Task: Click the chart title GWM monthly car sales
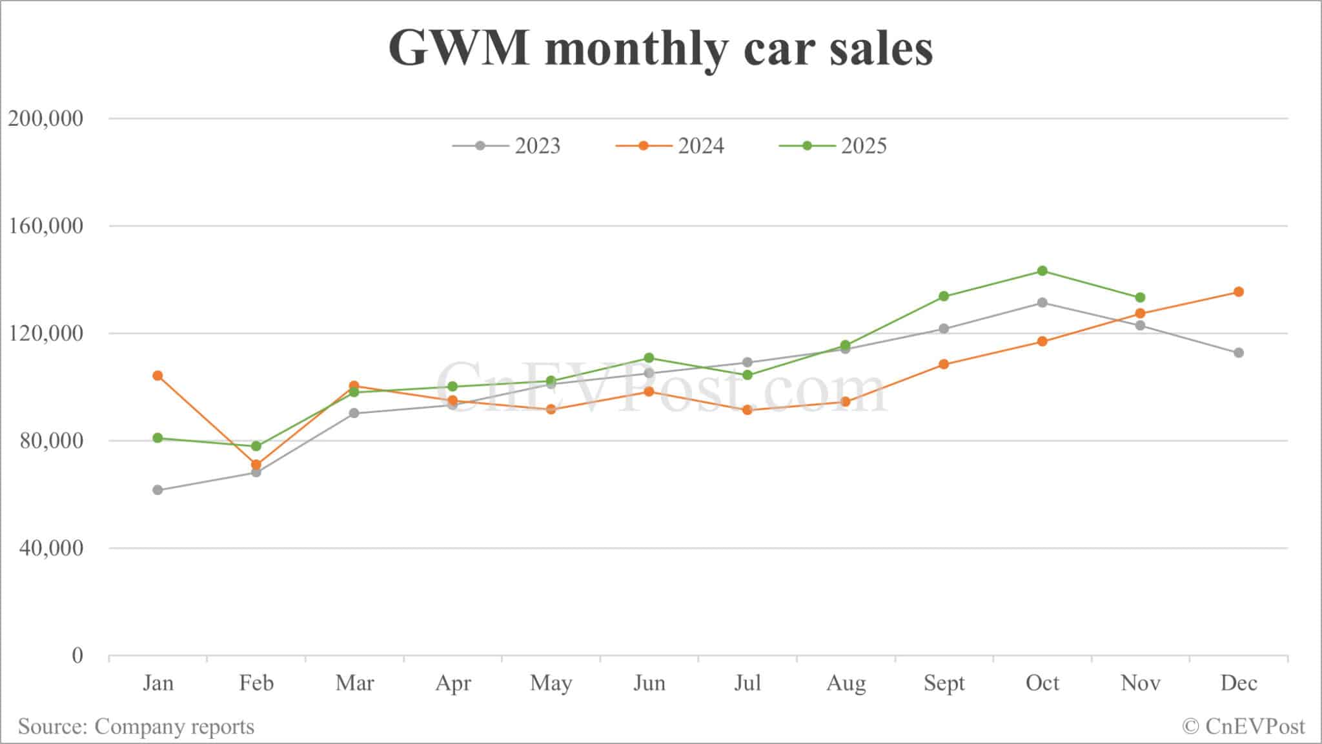pyautogui.click(x=660, y=49)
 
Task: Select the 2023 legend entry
pyautogui.click(x=507, y=146)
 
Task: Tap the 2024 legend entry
pyautogui.click(x=670, y=146)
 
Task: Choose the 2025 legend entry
pyautogui.click(x=833, y=146)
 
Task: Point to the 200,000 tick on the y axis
pyautogui.click(x=45, y=119)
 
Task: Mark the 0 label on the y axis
pyautogui.click(x=77, y=656)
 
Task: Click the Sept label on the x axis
pyautogui.click(x=944, y=683)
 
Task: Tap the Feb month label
pyautogui.click(x=256, y=683)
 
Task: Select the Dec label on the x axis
pyautogui.click(x=1239, y=683)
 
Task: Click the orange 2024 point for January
pyautogui.click(x=158, y=376)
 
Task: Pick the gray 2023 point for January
pyautogui.click(x=158, y=490)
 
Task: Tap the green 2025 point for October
pyautogui.click(x=1042, y=271)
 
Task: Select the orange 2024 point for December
pyautogui.click(x=1239, y=292)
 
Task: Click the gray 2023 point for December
pyautogui.click(x=1239, y=353)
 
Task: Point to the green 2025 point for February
pyautogui.click(x=256, y=446)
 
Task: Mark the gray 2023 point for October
pyautogui.click(x=1042, y=303)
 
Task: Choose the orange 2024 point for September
pyautogui.click(x=944, y=364)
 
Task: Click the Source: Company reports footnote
pyautogui.click(x=136, y=727)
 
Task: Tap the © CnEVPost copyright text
pyautogui.click(x=1243, y=727)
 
